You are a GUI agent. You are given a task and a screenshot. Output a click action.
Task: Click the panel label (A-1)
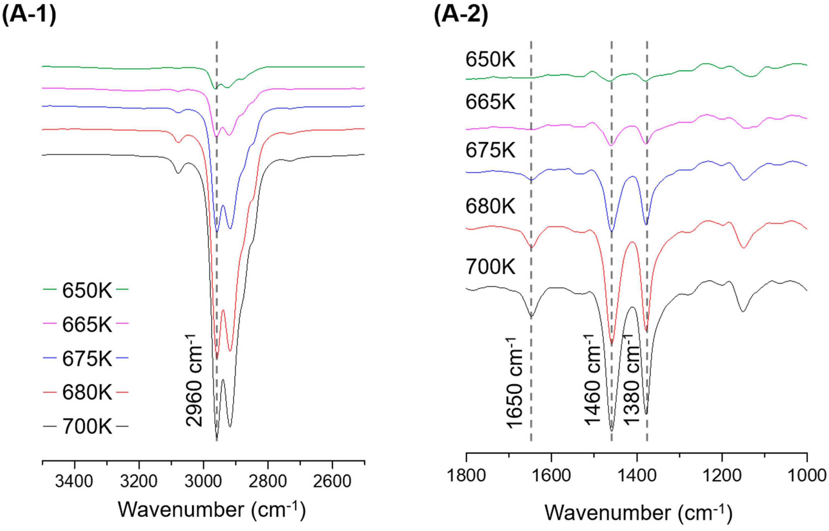(x=29, y=15)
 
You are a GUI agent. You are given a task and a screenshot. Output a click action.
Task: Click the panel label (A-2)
(x=461, y=15)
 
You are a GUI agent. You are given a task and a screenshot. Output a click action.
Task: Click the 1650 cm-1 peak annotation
(x=515, y=383)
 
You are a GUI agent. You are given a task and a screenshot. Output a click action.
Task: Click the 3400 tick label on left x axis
(x=74, y=481)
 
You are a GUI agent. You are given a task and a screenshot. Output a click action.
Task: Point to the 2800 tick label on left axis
(x=268, y=481)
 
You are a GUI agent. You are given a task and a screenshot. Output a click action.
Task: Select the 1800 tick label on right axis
(x=466, y=476)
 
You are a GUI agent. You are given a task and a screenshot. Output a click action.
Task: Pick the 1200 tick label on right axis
(x=722, y=476)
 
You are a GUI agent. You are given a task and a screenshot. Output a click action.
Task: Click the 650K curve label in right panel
(x=490, y=59)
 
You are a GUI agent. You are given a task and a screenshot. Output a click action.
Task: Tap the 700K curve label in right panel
(x=490, y=266)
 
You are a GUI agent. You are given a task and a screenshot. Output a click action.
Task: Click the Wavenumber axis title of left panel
(x=212, y=510)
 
